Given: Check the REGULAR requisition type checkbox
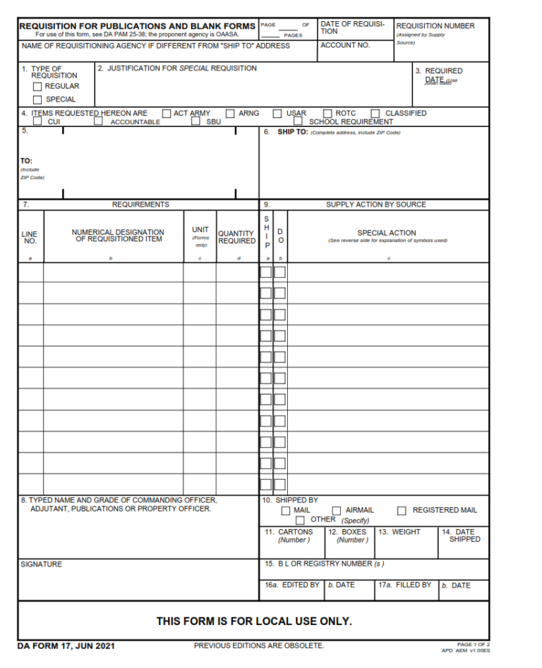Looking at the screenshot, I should [x=38, y=86].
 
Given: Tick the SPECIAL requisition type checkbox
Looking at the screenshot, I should [x=38, y=99].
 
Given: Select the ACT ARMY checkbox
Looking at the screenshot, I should [x=167, y=113].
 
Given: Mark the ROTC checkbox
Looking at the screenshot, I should [x=327, y=113].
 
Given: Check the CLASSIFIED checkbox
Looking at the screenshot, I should [x=375, y=113].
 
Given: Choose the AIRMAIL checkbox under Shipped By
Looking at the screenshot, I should [x=337, y=510].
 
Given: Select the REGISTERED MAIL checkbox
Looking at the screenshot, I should [x=402, y=510].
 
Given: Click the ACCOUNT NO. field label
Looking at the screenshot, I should [x=345, y=45].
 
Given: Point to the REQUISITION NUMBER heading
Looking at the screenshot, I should [x=435, y=26].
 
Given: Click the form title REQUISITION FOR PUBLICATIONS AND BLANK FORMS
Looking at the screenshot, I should [x=137, y=26].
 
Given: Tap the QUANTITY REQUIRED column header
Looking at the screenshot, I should [x=236, y=237].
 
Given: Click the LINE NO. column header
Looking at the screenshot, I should [x=30, y=237].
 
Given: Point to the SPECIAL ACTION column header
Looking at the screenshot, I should [x=387, y=233].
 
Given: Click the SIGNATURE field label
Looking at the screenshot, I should [x=41, y=564].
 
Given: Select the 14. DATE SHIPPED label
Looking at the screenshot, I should [x=464, y=535].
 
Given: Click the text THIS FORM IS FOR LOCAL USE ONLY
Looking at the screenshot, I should [x=254, y=621].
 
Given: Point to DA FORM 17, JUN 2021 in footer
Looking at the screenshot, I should [x=66, y=645].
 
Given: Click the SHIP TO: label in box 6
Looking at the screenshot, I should [x=292, y=132].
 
